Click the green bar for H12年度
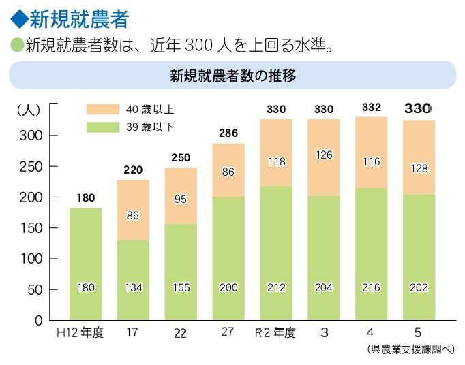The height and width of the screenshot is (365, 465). (x=85, y=264)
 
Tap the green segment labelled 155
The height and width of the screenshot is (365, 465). (x=181, y=272)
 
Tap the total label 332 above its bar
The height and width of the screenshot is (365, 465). (x=372, y=108)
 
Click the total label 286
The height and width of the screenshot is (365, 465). (x=228, y=133)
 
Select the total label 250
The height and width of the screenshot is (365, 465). (x=181, y=157)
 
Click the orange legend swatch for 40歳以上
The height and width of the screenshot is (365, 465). (x=102, y=109)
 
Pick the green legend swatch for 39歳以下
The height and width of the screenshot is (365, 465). (x=102, y=127)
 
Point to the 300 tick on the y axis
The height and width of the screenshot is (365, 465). (x=33, y=136)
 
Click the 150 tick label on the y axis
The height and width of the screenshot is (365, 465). (x=33, y=228)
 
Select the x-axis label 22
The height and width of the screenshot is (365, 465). (x=180, y=333)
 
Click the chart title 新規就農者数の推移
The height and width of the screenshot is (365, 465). (x=232, y=75)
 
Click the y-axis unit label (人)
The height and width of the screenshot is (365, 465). (x=29, y=109)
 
